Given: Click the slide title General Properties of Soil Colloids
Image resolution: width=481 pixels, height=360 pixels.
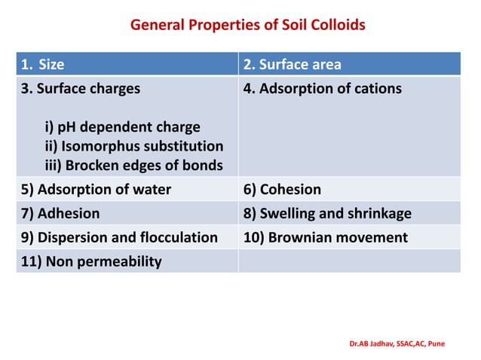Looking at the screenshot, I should [x=247, y=25].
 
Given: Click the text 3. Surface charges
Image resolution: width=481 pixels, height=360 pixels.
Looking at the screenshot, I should [x=81, y=89].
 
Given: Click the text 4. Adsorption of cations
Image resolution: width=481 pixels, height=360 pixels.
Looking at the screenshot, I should [x=323, y=89].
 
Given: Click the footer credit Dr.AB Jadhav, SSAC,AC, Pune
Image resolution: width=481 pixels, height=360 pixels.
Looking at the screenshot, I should [x=397, y=343].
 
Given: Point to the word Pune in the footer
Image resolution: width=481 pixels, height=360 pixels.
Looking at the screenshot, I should [x=437, y=343].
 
